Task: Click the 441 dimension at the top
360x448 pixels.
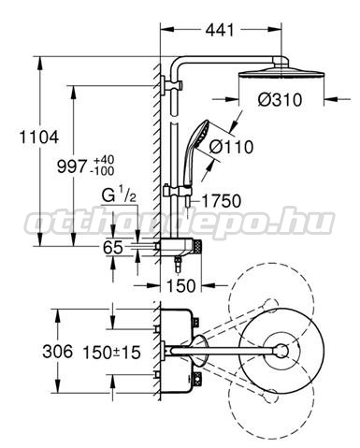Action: [x=220, y=30]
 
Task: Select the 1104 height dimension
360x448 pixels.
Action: [x=39, y=137]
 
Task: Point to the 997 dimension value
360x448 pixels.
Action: [x=71, y=166]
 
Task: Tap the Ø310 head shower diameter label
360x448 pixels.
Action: [x=280, y=100]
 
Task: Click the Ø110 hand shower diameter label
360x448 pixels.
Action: [x=231, y=147]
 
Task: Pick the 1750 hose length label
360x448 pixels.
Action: [x=222, y=201]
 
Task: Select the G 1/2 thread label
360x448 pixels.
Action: [x=119, y=196]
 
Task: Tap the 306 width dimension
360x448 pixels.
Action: [x=57, y=352]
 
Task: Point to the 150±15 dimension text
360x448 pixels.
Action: [x=111, y=353]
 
